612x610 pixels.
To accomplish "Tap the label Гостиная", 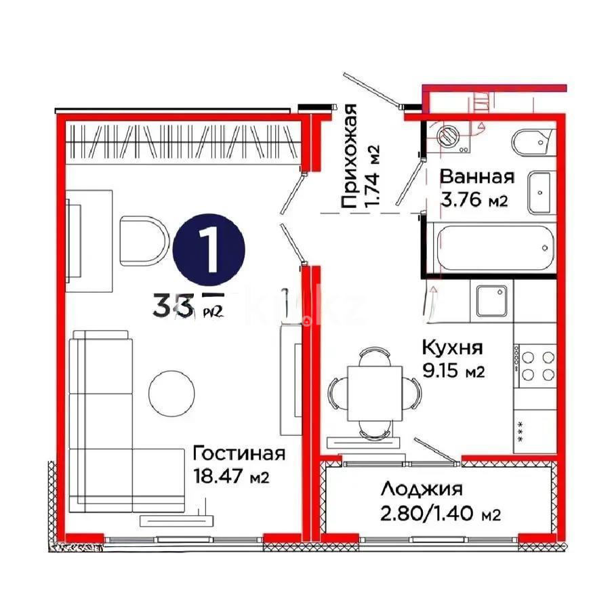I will [x=239, y=453].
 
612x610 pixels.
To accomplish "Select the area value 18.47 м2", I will [x=231, y=477].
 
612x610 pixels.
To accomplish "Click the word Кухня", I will [x=452, y=348].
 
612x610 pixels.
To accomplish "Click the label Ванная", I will [x=477, y=177].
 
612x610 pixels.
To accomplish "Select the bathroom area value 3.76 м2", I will [x=474, y=201].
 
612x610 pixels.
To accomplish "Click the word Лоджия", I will [x=421, y=489].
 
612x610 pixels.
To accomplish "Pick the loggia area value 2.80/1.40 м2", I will [x=440, y=514].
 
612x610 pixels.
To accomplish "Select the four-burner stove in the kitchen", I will [x=537, y=366].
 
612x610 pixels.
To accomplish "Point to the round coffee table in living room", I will [x=174, y=393].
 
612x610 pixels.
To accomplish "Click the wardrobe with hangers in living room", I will [x=183, y=143].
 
